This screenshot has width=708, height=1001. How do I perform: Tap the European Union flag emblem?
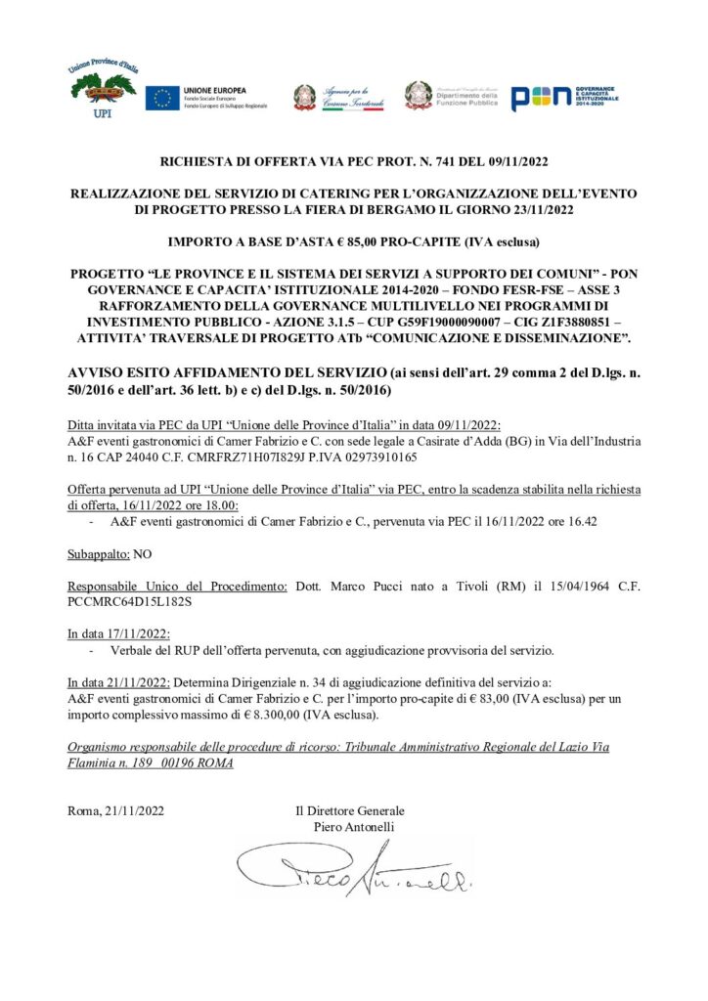point(162,97)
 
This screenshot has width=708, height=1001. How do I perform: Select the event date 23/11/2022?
point(533,209)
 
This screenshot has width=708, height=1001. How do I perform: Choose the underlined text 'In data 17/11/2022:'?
point(119,632)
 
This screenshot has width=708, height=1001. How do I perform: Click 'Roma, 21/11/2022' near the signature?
point(116,811)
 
